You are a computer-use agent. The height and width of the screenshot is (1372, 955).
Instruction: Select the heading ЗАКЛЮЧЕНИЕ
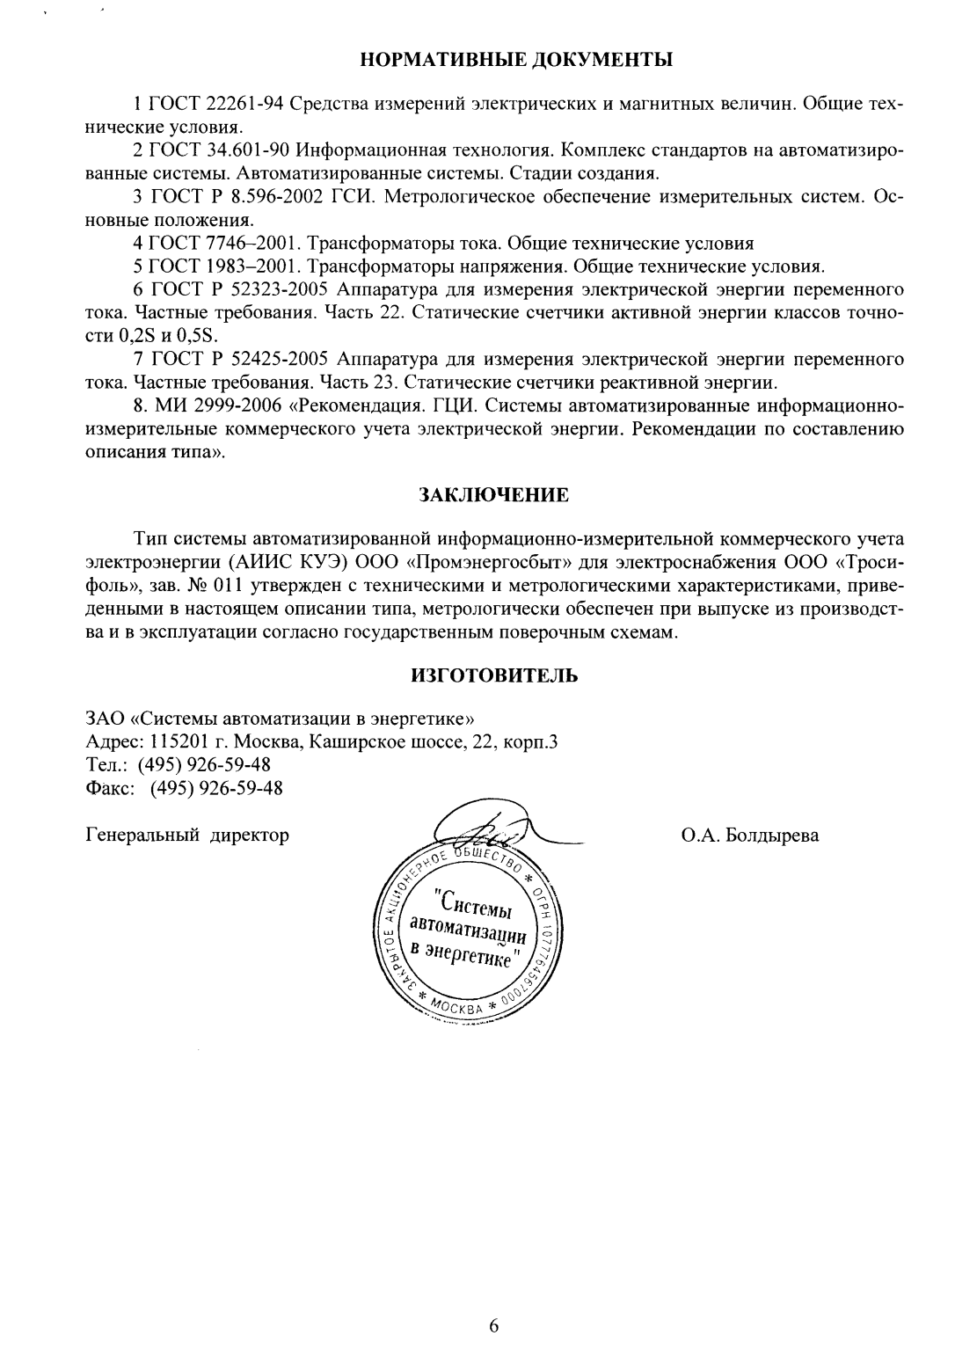click(x=493, y=495)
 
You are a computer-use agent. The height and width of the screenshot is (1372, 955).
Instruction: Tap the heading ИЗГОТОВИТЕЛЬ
click(x=494, y=676)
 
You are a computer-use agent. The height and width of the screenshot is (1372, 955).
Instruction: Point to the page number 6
click(x=493, y=1326)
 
